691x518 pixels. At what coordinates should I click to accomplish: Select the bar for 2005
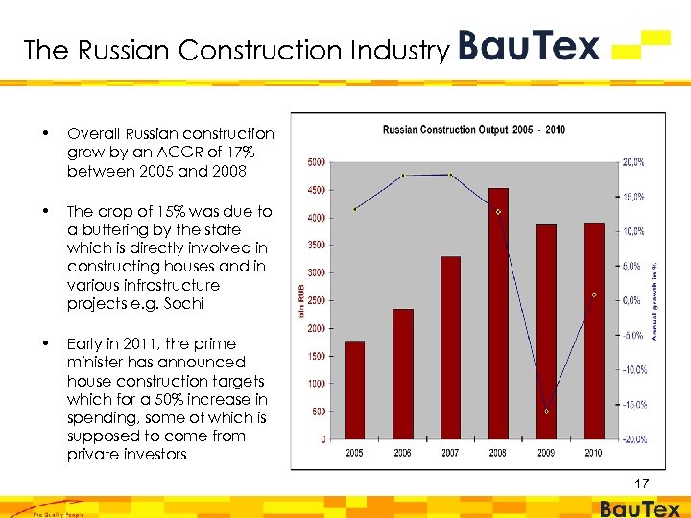(x=354, y=389)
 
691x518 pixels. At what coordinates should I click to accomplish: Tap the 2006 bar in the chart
(x=402, y=373)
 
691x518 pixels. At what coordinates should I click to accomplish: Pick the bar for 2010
(x=594, y=331)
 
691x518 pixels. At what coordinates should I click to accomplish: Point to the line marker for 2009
(x=547, y=412)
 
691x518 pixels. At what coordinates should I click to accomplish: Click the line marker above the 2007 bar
(x=450, y=175)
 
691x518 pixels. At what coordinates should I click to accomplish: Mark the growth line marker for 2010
(x=594, y=295)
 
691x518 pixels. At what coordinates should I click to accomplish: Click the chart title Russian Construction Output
(x=474, y=129)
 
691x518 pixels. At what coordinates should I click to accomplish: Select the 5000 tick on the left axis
(x=317, y=162)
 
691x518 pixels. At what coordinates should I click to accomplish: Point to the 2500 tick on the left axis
(x=317, y=300)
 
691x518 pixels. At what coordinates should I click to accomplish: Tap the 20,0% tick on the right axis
(x=632, y=162)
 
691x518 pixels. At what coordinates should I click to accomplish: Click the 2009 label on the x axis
(x=546, y=453)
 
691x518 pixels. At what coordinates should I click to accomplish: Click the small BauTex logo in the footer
(x=639, y=508)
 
